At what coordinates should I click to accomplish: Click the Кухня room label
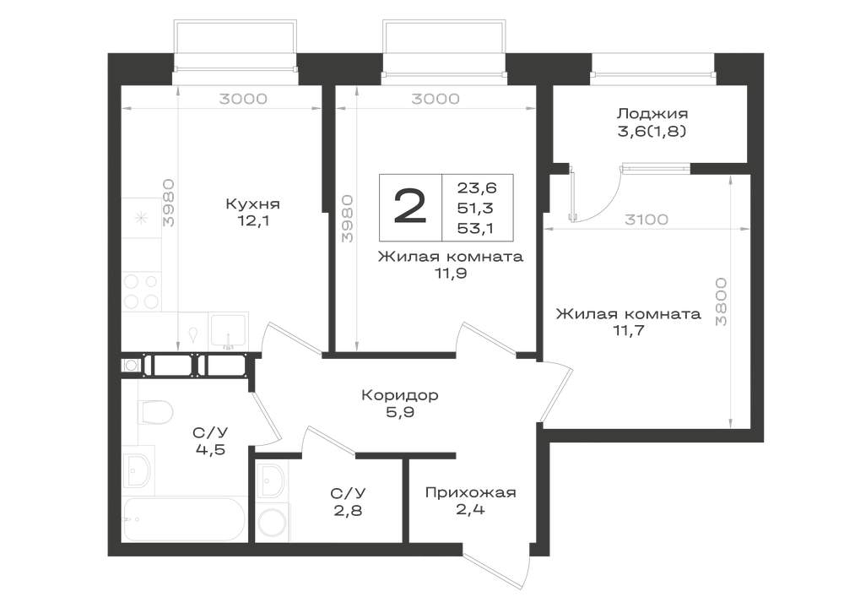(252, 204)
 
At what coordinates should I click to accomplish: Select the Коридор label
(400, 396)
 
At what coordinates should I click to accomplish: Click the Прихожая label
(470, 492)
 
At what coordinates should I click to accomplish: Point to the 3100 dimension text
(647, 220)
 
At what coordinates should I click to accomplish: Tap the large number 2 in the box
(410, 207)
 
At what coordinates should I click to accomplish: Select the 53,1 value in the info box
(476, 229)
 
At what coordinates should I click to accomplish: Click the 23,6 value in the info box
(477, 187)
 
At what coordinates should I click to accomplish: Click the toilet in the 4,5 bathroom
(155, 412)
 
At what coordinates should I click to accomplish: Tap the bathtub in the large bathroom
(184, 519)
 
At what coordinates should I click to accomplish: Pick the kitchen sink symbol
(228, 330)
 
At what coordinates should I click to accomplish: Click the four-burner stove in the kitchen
(142, 291)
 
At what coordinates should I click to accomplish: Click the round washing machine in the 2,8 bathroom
(273, 522)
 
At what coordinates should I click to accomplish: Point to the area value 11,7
(629, 330)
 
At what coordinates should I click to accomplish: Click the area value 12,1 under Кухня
(252, 220)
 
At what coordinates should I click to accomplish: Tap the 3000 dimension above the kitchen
(243, 99)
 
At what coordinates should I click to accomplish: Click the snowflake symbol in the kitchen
(141, 218)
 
